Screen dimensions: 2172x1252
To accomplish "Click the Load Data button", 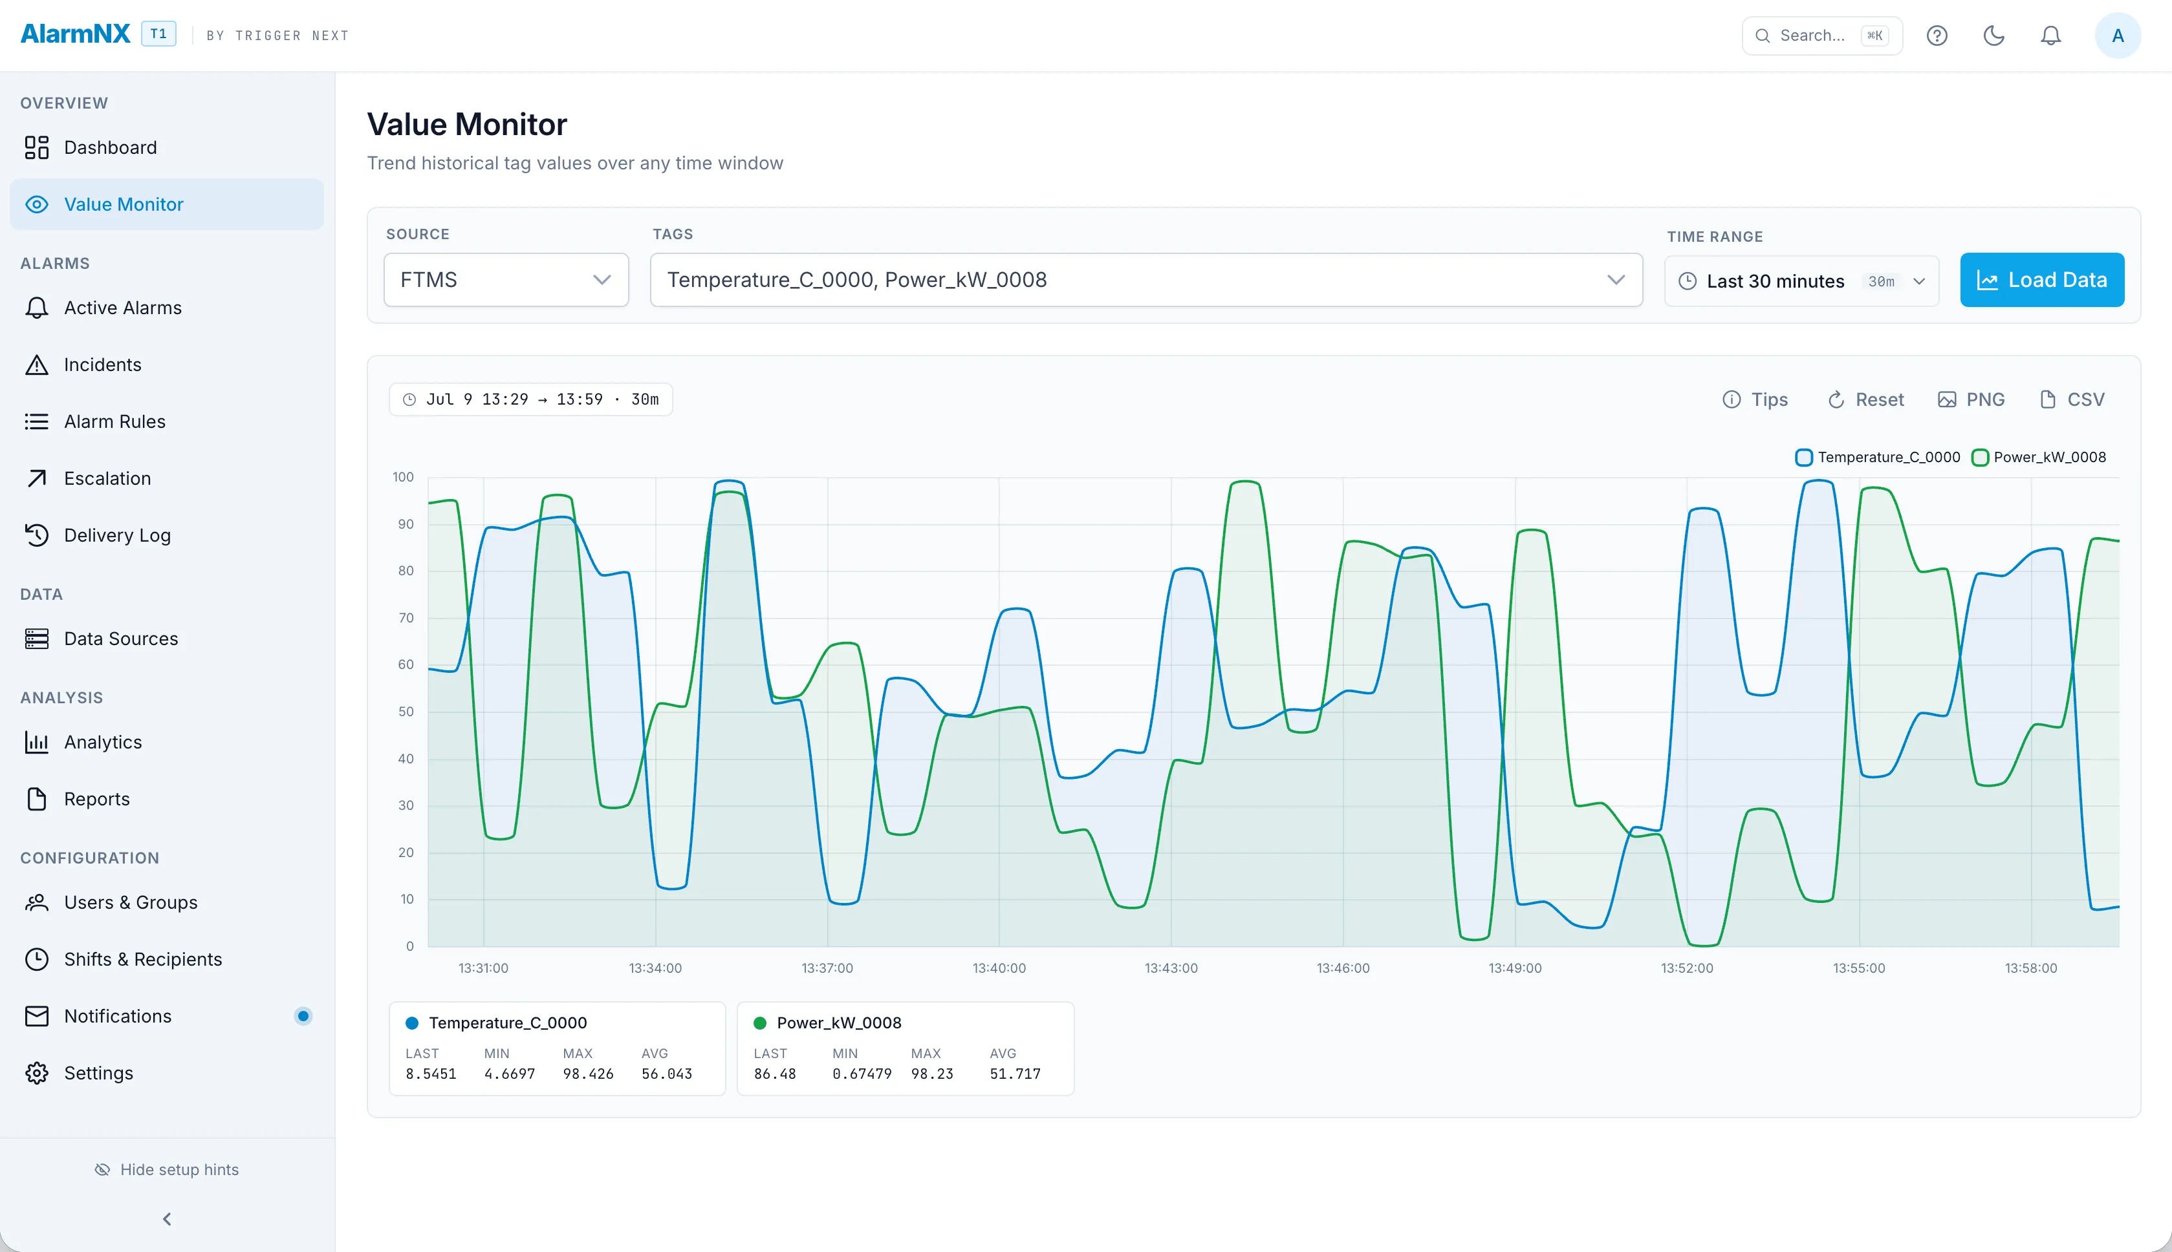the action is point(2041,279).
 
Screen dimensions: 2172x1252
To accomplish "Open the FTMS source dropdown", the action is point(506,279).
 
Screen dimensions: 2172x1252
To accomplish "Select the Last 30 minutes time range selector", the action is point(1801,281).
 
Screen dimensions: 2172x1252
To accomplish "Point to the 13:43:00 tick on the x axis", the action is point(1171,968).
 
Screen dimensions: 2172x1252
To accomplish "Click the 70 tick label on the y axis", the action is point(405,617).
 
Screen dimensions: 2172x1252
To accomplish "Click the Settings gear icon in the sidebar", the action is point(37,1073).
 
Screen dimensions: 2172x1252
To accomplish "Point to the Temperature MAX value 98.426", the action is point(589,1074).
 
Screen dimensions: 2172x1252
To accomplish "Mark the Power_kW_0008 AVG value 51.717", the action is point(1015,1074).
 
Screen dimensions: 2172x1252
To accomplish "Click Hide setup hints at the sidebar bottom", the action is point(167,1169).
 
